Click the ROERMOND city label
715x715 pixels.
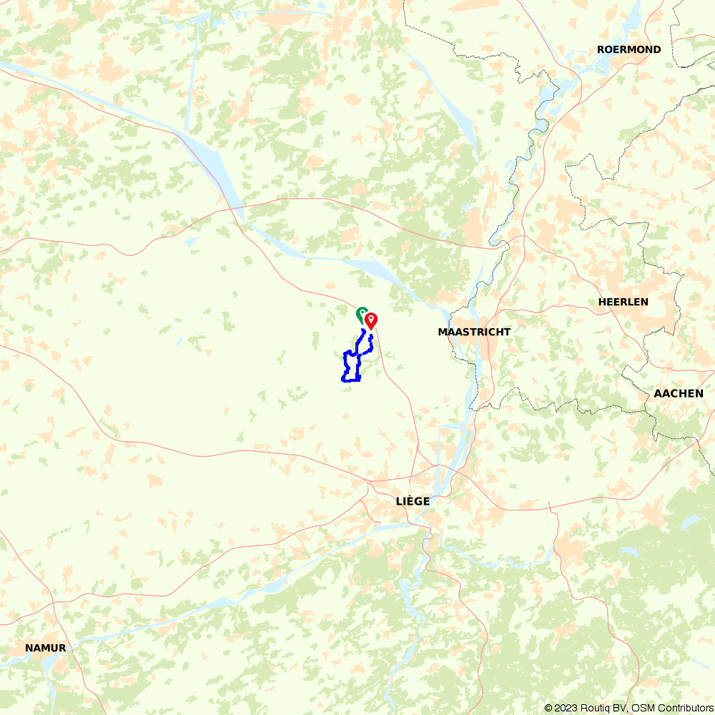click(x=628, y=49)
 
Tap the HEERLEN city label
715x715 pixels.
click(x=623, y=302)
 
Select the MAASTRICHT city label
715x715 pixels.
click(x=474, y=332)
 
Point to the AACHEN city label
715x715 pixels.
click(x=678, y=393)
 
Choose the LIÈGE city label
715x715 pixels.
click(x=413, y=501)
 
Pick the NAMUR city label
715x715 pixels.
click(x=45, y=648)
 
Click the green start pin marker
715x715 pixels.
click(x=362, y=312)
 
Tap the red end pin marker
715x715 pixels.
click(x=371, y=321)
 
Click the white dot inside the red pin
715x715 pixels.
click(x=371, y=318)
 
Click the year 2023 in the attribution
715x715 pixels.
click(x=564, y=708)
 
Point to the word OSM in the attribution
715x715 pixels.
click(x=641, y=708)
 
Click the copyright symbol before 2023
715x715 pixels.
click(x=548, y=708)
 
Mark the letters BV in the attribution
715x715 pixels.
click(x=618, y=708)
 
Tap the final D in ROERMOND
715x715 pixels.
click(x=656, y=49)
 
